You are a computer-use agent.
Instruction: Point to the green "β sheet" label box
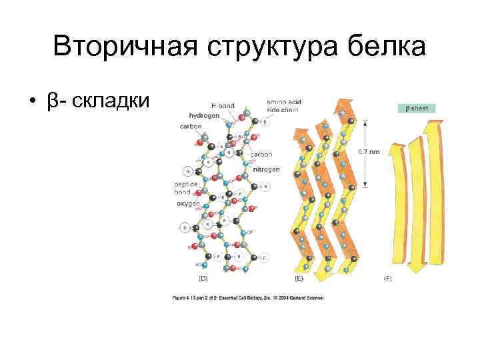point(417,107)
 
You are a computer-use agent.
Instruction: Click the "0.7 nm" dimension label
point(370,151)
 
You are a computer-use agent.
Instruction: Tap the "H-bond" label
point(223,105)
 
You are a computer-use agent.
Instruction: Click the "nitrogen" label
point(266,169)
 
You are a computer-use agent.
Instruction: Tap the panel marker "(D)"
point(203,278)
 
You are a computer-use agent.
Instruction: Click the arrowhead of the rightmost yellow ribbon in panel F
point(436,125)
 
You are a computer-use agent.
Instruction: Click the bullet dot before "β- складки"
point(32,101)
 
